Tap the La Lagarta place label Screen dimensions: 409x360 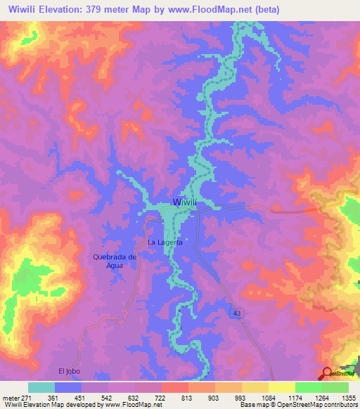click(165, 242)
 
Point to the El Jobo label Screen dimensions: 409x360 click(70, 370)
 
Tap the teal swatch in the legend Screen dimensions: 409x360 click(41, 387)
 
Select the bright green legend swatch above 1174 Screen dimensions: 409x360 click(308, 387)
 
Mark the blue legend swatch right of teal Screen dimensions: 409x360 click(67, 387)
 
